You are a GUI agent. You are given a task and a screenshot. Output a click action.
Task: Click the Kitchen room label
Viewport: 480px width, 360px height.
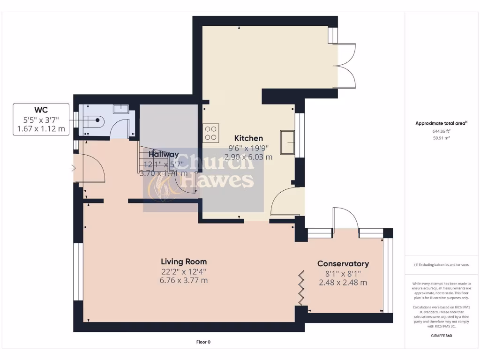[248, 138]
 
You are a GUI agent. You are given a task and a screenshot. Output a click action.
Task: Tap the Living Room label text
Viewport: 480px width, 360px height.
[184, 262]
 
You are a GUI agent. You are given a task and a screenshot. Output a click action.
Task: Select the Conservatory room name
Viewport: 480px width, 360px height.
[343, 263]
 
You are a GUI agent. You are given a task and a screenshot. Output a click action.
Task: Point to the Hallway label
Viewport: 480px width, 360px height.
[164, 154]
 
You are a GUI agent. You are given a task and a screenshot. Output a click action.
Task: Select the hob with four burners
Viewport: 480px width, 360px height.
[210, 133]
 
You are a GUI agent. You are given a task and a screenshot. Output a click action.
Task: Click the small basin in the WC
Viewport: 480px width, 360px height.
[121, 109]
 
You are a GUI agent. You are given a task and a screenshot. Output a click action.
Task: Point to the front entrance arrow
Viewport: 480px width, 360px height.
[72, 167]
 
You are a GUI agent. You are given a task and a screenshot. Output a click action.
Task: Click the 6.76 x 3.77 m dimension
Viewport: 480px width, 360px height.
[184, 280]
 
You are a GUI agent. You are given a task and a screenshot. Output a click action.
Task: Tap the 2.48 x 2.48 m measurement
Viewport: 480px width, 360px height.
[343, 282]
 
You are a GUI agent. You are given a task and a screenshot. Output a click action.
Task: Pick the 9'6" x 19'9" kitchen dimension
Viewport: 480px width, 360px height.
[248, 148]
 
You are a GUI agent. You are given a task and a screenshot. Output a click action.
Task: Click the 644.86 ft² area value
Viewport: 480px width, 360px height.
[441, 132]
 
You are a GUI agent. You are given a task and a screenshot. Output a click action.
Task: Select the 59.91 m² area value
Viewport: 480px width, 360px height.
[441, 138]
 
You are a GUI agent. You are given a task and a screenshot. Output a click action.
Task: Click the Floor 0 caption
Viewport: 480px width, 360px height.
[203, 342]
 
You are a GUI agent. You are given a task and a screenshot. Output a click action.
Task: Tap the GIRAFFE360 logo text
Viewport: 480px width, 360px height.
[441, 336]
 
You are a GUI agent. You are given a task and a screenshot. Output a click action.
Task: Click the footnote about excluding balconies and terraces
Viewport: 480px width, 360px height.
[441, 265]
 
